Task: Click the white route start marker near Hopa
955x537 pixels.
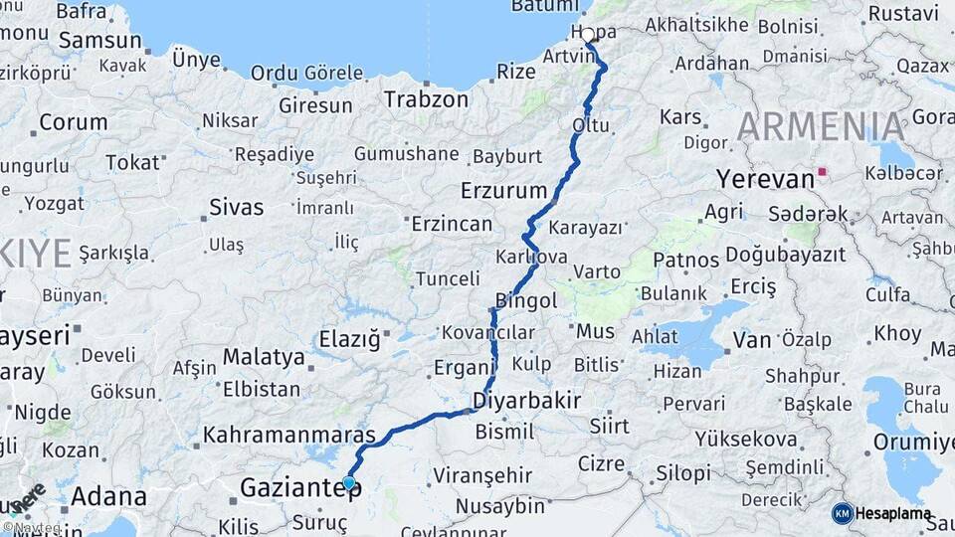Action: click(x=588, y=36)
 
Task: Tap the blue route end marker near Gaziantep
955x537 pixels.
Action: click(x=349, y=483)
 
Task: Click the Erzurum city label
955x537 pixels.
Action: click(x=504, y=191)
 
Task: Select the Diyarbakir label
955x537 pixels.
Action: click(x=526, y=401)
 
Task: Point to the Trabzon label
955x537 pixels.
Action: click(x=426, y=99)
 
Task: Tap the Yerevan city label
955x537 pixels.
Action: click(x=765, y=180)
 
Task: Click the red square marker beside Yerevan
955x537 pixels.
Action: click(x=823, y=171)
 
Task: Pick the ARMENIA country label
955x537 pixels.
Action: click(x=822, y=127)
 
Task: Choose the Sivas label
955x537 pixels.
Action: click(x=237, y=208)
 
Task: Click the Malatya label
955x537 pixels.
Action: click(x=264, y=356)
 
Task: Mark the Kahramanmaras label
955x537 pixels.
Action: click(x=289, y=436)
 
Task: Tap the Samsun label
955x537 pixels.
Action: click(x=100, y=41)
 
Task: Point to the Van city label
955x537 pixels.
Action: click(x=752, y=340)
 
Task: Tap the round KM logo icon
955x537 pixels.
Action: click(x=842, y=513)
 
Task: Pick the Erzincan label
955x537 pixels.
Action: click(x=452, y=224)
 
